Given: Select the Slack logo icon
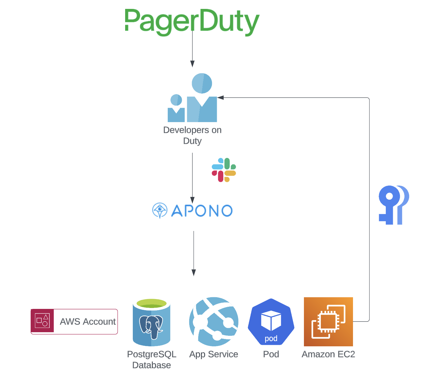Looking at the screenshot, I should coord(224,170).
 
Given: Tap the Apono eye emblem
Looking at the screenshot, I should coord(160,210).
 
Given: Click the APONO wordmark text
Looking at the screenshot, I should coord(202,211).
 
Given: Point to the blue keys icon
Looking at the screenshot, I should coord(393,205).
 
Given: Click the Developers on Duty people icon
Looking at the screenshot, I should coord(193,98).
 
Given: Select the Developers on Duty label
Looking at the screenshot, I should coord(192,135).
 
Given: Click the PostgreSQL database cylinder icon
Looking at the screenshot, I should coord(152,322).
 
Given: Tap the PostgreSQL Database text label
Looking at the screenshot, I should coord(152,360).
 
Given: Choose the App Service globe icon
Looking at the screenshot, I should coord(214,321).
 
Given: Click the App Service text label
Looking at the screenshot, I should coord(214,354).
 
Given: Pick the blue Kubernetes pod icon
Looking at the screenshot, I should coord(271,322).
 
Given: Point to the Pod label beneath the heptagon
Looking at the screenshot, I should coord(271,354).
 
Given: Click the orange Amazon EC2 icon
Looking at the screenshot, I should coord(328,321).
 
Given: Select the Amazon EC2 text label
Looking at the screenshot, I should coord(328,354).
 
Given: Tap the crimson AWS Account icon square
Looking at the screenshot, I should coord(42,321).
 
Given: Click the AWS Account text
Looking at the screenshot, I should coord(88,321).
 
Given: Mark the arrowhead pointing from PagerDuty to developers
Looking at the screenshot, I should coord(192,64).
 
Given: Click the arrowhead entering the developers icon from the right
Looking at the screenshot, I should coord(221,98).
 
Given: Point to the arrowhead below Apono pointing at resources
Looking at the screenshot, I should coord(194,273).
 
